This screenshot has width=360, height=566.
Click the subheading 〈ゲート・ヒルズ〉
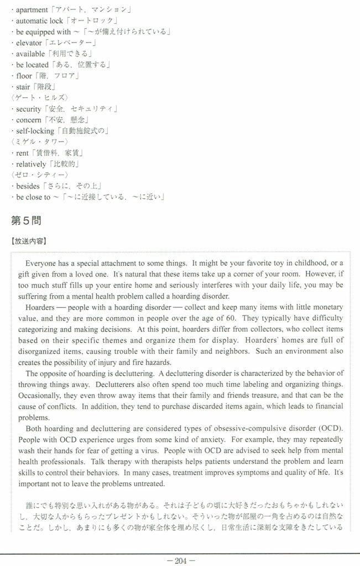point(39,97)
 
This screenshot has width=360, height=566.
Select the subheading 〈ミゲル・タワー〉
point(39,141)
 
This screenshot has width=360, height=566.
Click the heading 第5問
point(26,221)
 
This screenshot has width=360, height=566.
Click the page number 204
point(180,560)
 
